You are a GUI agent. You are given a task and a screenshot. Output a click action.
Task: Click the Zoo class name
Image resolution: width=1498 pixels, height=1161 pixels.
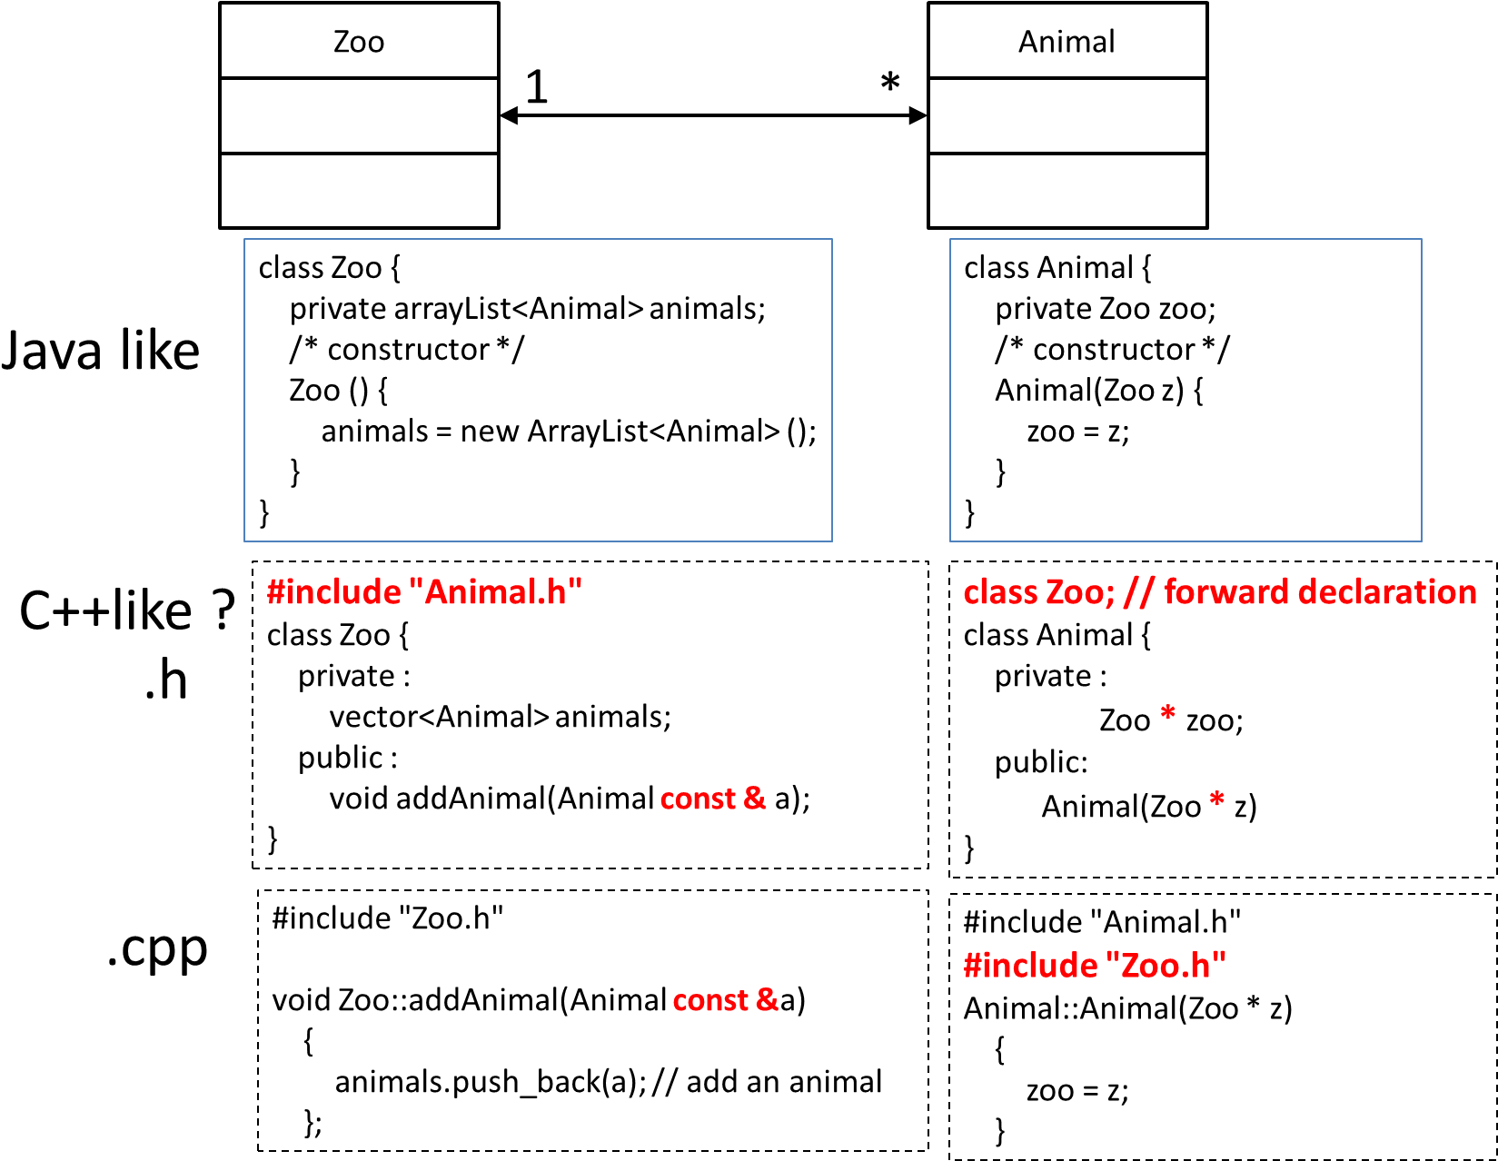359,42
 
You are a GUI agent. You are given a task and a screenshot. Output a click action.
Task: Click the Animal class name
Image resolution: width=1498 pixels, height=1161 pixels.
1066,42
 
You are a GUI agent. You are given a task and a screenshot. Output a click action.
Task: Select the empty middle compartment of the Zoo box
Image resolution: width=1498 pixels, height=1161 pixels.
359,115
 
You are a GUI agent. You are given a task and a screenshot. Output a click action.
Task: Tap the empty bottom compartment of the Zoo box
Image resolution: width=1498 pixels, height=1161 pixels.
359,191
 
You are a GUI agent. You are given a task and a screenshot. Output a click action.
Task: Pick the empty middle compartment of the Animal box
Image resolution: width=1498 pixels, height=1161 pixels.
1067,115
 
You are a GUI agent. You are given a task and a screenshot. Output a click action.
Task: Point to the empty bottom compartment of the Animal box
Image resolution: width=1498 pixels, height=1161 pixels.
1067,191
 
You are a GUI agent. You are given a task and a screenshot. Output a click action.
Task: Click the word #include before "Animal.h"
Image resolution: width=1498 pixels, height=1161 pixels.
333,592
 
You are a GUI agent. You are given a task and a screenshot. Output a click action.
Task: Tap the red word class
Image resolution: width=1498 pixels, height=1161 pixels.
1000,592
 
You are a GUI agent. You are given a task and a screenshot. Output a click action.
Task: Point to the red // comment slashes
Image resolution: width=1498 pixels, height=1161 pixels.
1138,592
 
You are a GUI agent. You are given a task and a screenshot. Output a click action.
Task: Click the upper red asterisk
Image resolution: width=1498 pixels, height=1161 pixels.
1168,713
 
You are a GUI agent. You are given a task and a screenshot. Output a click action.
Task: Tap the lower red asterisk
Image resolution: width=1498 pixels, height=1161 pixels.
1217,800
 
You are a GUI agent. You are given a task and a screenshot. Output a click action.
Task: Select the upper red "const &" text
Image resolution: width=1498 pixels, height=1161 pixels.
713,799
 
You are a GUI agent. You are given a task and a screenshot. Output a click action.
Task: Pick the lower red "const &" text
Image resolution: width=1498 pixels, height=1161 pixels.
726,1000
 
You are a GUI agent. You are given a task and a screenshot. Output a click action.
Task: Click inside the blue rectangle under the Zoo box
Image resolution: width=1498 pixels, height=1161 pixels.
538,390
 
